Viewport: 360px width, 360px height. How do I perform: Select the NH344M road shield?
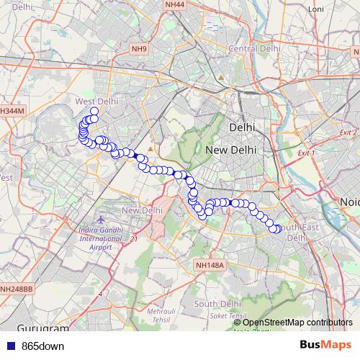point(12,112)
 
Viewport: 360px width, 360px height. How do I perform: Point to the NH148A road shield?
point(210,266)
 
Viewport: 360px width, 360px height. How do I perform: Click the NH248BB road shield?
point(16,289)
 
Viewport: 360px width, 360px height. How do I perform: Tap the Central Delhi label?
point(253,48)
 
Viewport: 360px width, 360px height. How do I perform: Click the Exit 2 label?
point(348,133)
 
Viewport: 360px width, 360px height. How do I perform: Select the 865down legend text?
point(42,346)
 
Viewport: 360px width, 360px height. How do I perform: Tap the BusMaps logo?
point(325,345)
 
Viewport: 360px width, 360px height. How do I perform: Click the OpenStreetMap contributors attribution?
point(297,322)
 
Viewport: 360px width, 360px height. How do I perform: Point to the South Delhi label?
point(216,304)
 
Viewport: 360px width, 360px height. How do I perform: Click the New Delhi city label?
point(231,150)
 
